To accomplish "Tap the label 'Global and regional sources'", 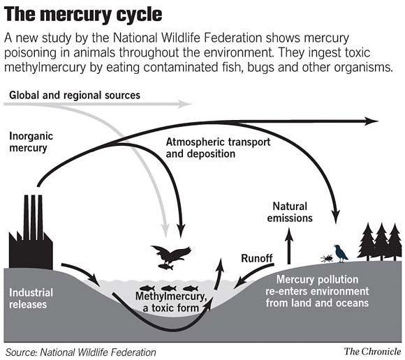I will pyautogui.click(x=75, y=94).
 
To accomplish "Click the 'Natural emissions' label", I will pyautogui.click(x=292, y=212).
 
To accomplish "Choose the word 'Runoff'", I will pyautogui.click(x=256, y=257).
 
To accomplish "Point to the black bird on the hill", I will pyautogui.click(x=340, y=253).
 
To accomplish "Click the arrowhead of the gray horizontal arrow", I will pyautogui.click(x=186, y=105).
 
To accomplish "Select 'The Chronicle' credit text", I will pyautogui.click(x=371, y=350).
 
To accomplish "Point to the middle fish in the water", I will pyautogui.click(x=168, y=287).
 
